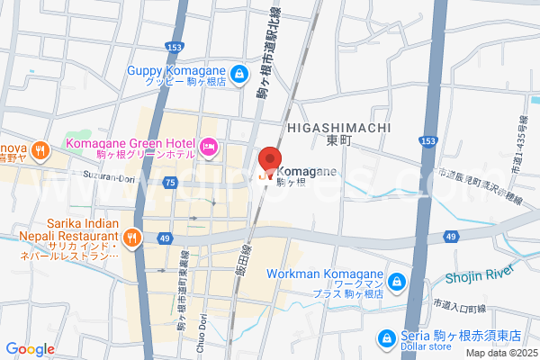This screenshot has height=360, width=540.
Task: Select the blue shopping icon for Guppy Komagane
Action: [238, 74]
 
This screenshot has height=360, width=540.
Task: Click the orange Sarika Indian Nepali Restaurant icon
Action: [132, 238]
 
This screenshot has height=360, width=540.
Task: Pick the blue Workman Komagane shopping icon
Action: [399, 283]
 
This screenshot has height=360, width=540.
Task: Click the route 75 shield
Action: [169, 183]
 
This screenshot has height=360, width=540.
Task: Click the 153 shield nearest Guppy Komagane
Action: [175, 47]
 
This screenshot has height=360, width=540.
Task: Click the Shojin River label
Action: [485, 274]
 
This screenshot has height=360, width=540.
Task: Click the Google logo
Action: [31, 348]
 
